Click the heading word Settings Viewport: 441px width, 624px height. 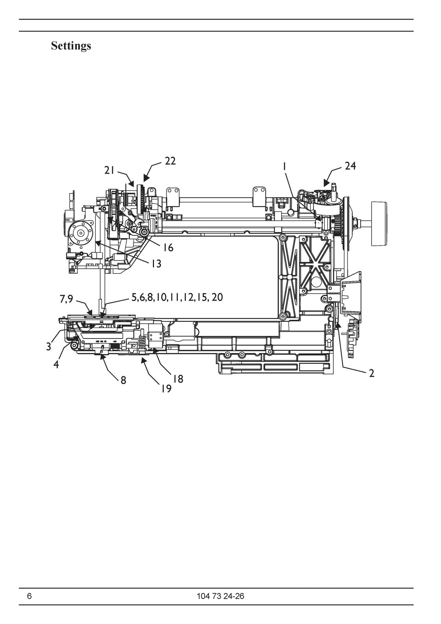[71, 46]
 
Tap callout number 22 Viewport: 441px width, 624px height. [170, 161]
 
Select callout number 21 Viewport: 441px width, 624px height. [110, 170]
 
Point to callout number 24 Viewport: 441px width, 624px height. [350, 166]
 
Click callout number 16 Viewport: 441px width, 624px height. [168, 247]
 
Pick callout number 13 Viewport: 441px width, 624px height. [156, 264]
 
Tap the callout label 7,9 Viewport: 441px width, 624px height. [66, 299]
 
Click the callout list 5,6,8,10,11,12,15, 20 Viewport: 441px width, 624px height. [177, 298]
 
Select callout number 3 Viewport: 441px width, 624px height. [49, 347]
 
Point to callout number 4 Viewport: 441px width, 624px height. [56, 364]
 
